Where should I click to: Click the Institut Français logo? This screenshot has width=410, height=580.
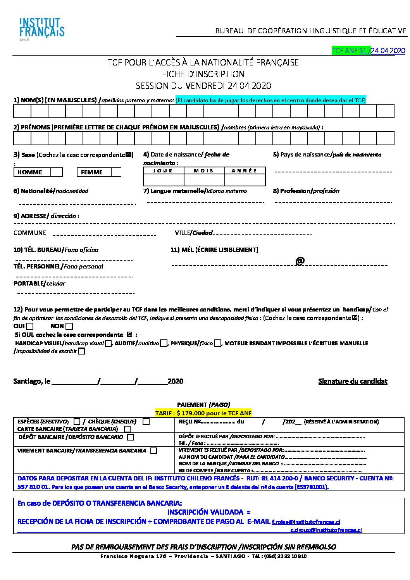(42, 28)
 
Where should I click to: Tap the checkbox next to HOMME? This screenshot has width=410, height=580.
(57, 172)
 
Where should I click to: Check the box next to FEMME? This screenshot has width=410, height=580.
(116, 172)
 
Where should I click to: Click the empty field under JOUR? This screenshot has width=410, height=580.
(164, 180)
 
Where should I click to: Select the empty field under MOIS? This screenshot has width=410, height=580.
(204, 180)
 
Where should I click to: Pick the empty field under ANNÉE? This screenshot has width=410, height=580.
(245, 180)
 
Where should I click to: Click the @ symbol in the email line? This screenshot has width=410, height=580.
(300, 261)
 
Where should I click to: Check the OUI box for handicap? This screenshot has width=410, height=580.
(30, 327)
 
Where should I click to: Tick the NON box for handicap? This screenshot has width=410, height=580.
(69, 327)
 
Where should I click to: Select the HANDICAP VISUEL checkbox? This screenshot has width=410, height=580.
(109, 343)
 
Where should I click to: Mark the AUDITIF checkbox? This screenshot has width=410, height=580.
(164, 343)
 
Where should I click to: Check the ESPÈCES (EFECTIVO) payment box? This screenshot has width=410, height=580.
(77, 422)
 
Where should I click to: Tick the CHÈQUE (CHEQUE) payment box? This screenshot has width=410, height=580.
(146, 422)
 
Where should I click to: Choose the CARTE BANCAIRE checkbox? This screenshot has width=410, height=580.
(127, 429)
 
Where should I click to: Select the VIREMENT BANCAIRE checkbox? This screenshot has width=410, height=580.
(154, 451)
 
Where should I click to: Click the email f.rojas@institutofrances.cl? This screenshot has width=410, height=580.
(306, 522)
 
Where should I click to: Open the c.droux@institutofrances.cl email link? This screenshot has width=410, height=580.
(326, 530)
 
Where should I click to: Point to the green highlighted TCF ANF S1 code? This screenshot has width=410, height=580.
(351, 51)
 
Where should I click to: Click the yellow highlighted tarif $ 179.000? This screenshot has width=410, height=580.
(203, 413)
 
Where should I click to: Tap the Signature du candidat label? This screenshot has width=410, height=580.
(353, 381)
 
